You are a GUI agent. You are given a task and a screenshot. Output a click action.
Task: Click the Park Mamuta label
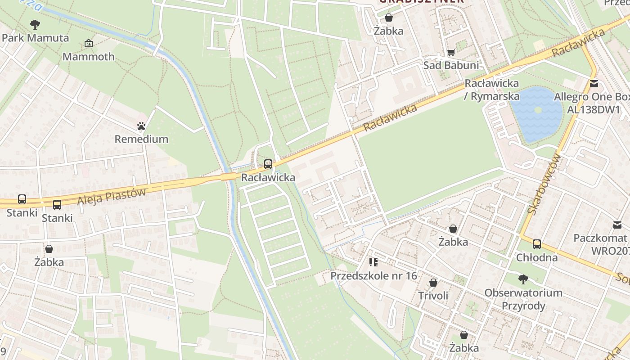pos(36,38)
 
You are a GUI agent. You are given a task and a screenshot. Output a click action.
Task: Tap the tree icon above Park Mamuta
pos(35,24)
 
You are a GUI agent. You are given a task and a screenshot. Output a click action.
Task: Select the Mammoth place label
pos(89,57)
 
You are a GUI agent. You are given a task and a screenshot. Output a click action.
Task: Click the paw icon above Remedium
pos(141,126)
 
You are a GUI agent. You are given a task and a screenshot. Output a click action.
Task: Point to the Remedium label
pos(141,139)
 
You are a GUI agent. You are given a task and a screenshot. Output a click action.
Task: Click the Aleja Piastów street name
pos(112,197)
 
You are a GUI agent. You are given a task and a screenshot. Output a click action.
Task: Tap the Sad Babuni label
pos(451,65)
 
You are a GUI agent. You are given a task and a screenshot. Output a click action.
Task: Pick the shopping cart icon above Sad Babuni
pos(451,52)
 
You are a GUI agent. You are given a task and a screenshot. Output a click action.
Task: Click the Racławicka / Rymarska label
pos(491,90)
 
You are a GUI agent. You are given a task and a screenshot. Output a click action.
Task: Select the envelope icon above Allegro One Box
pos(594,83)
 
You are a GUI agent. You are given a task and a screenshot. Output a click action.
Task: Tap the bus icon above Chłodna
pos(537,244)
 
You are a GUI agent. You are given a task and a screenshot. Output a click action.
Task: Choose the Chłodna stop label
pos(537,257)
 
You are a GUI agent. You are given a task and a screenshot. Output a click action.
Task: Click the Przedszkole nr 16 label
pos(373,275)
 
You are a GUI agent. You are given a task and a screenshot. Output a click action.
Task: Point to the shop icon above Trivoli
pos(433,283)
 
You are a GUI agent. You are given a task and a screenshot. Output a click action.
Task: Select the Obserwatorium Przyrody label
pos(523,299)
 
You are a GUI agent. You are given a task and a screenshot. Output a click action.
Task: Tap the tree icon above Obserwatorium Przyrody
pos(523,279)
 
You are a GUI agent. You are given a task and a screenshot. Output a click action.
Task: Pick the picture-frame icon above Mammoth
pos(89,44)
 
